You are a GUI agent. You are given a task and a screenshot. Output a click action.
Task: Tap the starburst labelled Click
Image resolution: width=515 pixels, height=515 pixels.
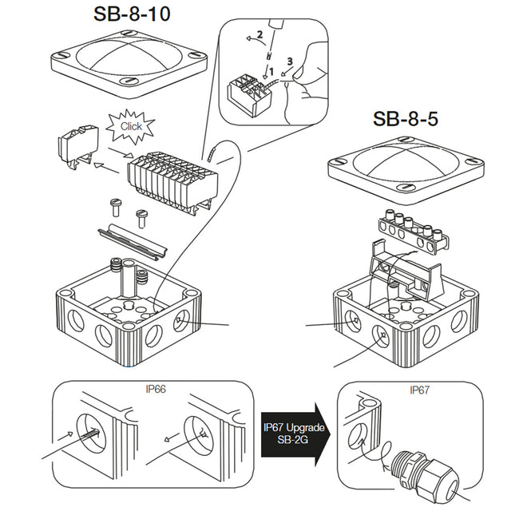coord(131,126)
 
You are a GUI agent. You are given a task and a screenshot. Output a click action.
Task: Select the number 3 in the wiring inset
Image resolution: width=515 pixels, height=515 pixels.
coord(290,60)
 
